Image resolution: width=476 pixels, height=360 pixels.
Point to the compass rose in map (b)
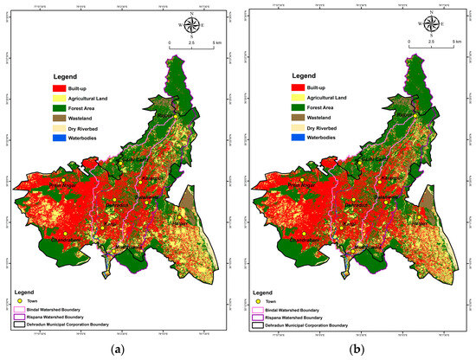tap(428, 24)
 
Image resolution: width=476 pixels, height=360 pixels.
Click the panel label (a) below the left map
tap(119, 350)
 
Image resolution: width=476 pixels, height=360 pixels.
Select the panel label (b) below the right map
tap(356, 350)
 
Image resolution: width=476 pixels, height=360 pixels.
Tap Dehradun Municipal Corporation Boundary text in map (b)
tap(307, 325)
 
